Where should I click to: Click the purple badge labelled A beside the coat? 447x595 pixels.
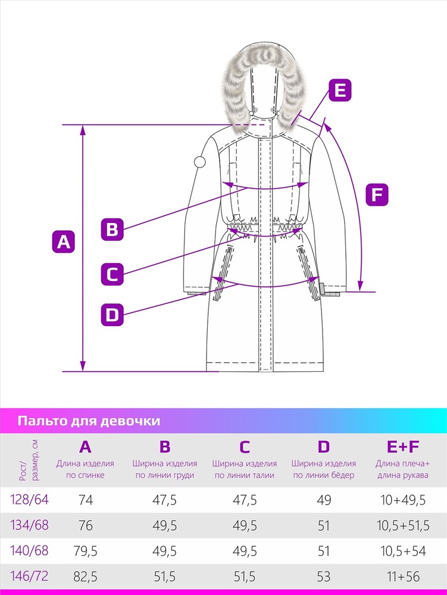click(x=63, y=242)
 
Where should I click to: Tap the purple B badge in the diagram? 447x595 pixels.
click(x=112, y=229)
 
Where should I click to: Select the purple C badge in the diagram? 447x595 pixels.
click(x=112, y=274)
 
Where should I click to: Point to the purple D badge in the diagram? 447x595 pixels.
click(x=112, y=315)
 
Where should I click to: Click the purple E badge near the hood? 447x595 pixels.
click(x=340, y=90)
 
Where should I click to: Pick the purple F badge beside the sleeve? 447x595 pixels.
click(x=377, y=195)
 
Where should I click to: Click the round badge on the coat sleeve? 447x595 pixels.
click(x=199, y=162)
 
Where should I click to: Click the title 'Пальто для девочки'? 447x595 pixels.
click(x=89, y=421)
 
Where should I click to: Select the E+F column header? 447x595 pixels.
click(x=402, y=447)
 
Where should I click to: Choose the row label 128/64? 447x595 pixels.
click(x=30, y=499)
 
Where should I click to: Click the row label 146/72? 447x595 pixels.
click(x=30, y=576)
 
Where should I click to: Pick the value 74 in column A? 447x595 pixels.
click(x=86, y=500)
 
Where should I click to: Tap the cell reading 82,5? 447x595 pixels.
click(x=85, y=577)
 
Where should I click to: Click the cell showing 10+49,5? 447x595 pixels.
click(x=403, y=500)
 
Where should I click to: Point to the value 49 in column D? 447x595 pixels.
click(x=324, y=500)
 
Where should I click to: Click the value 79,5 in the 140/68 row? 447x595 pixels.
click(x=85, y=551)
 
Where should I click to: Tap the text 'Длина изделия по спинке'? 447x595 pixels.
click(x=85, y=469)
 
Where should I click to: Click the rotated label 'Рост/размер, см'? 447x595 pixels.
click(x=29, y=461)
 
